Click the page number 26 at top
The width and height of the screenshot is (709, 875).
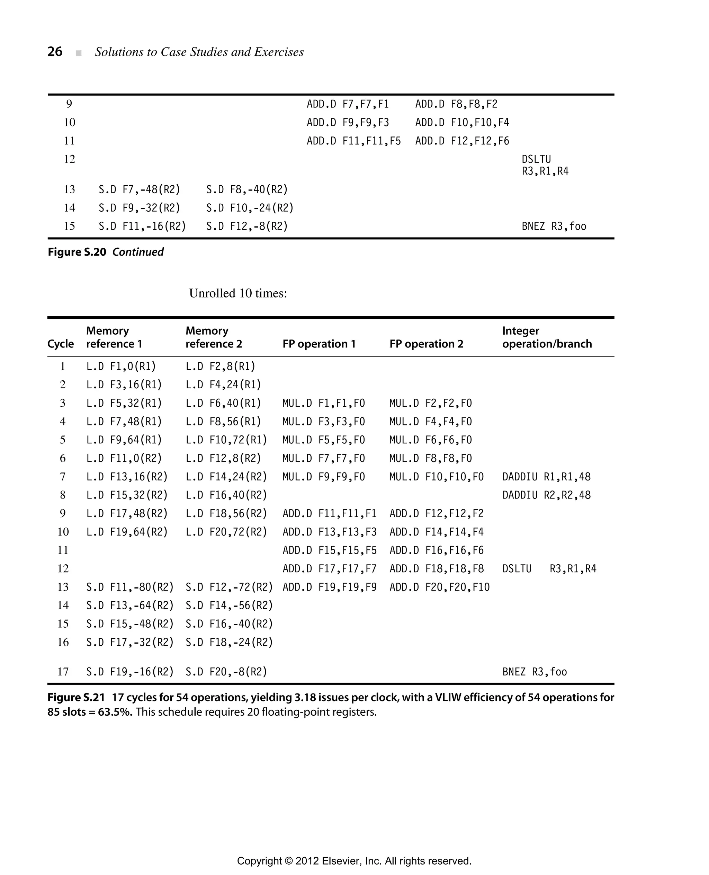[55, 52]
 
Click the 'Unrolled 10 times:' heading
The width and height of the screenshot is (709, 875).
[238, 293]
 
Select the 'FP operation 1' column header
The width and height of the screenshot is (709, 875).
[319, 344]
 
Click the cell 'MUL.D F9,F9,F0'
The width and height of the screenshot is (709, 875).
[323, 477]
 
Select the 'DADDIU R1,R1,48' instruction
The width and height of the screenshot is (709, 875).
[546, 477]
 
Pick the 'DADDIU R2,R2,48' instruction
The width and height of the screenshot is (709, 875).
[546, 495]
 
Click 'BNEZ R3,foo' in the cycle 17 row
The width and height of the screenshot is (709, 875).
[534, 672]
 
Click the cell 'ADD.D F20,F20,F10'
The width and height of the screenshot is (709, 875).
[439, 587]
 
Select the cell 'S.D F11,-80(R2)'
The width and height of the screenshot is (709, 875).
[130, 587]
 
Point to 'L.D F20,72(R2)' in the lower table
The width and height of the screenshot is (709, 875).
[226, 532]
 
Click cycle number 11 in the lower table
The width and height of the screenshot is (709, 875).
[63, 550]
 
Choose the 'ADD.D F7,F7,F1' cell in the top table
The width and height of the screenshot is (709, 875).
[348, 104]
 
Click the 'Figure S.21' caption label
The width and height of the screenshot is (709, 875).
[76, 697]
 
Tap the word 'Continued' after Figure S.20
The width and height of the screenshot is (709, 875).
[138, 252]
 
